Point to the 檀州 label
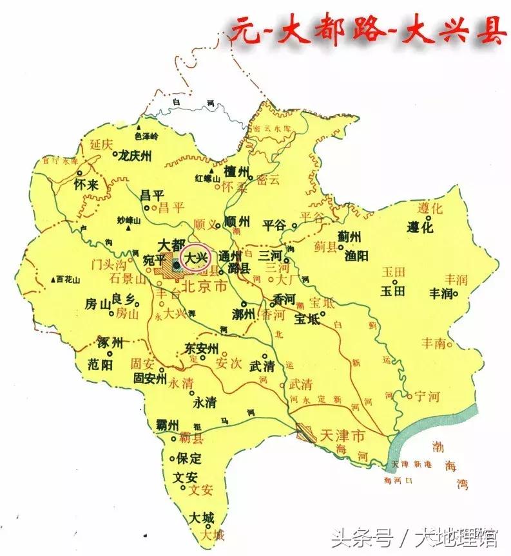[236, 172]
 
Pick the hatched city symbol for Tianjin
[306, 435]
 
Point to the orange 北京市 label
[204, 287]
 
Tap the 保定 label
[189, 459]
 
